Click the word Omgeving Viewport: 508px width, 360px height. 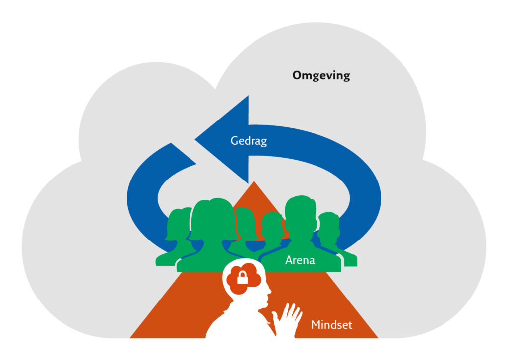[321, 76]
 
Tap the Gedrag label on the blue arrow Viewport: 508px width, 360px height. [249, 141]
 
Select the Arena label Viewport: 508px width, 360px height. [300, 259]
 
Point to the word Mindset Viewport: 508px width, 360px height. [331, 325]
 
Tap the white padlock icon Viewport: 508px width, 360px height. [242, 278]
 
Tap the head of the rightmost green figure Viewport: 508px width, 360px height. [328, 228]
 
